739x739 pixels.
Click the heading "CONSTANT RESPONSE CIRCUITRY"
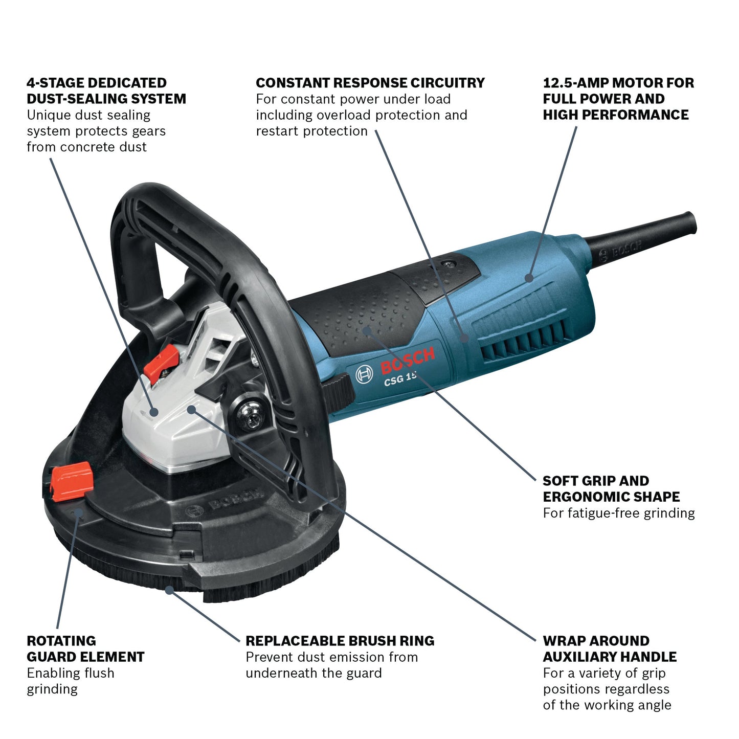pos(370,83)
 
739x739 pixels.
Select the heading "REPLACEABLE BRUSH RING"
pos(340,641)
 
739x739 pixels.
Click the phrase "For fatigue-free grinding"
pos(618,513)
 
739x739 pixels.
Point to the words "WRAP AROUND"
pos(596,641)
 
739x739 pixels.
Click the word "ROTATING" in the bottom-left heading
pos(61,641)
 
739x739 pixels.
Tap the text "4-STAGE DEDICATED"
pos(97,83)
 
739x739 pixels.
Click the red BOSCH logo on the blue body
pos(408,360)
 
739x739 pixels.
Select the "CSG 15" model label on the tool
pos(400,378)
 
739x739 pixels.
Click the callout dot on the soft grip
pos(366,330)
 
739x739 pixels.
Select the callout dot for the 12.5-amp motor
pos(529,278)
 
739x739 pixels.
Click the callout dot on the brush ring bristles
pos(169,589)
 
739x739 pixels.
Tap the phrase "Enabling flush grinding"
pos(71,681)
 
